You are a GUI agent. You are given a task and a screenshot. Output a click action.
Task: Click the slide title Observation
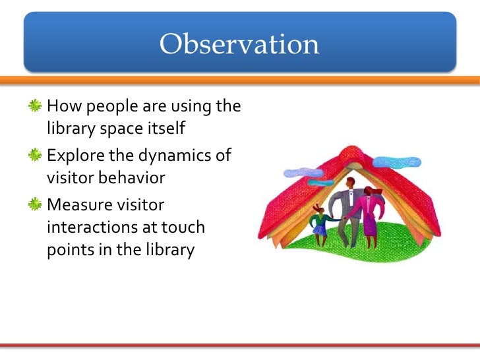pyautogui.click(x=239, y=45)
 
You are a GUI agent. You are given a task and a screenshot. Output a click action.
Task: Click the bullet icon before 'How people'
pyautogui.click(x=36, y=105)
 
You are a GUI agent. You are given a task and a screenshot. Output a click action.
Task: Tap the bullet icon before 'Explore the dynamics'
pyautogui.click(x=36, y=156)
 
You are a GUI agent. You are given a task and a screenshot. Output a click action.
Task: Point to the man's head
pyautogui.click(x=350, y=183)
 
